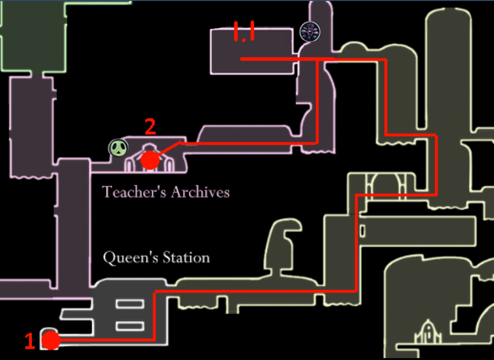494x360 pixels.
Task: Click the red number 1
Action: [x=30, y=341]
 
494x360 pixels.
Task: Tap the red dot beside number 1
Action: [x=50, y=341]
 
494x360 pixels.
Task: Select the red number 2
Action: [x=150, y=127]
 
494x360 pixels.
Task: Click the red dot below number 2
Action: [x=150, y=159]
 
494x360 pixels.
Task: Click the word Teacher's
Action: [x=127, y=192]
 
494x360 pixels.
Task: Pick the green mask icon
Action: [x=118, y=148]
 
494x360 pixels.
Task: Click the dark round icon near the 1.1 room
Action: [x=310, y=32]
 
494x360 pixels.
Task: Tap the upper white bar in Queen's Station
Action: [x=129, y=303]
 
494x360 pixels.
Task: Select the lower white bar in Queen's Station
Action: [x=129, y=326]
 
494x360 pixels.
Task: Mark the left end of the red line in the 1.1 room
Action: [x=242, y=59]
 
